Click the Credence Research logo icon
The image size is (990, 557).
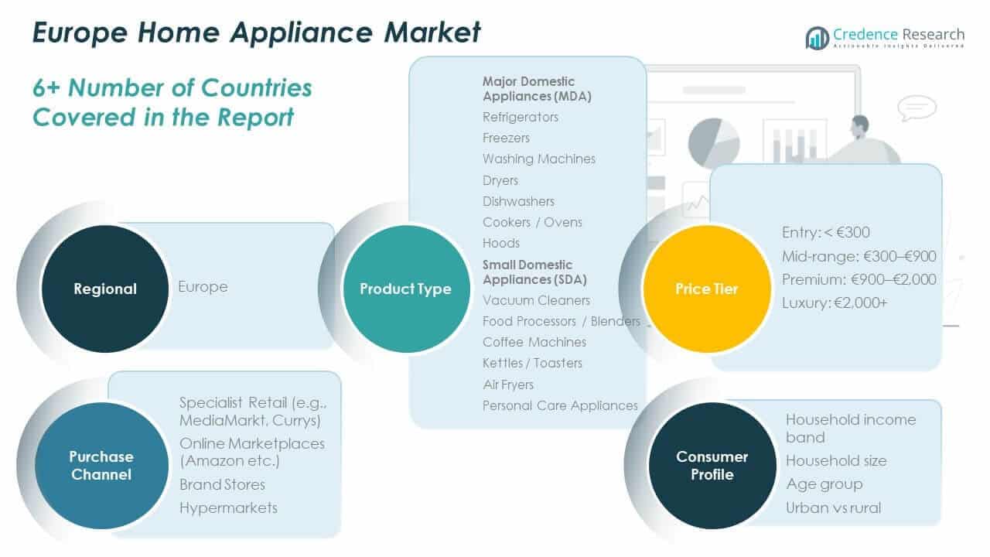[x=817, y=38]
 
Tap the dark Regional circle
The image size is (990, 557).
[x=104, y=289]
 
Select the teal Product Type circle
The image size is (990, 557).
[x=405, y=289]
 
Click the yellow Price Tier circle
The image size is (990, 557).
[x=707, y=289]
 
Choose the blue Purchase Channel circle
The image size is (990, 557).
[x=101, y=465]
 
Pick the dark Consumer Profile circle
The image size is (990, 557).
[x=712, y=465]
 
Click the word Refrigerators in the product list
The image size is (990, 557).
[x=520, y=117]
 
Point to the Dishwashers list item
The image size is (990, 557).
[x=518, y=201]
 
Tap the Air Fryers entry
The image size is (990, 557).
[x=507, y=384]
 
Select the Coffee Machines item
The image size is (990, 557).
[x=534, y=342]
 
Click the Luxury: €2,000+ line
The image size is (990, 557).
[x=834, y=302]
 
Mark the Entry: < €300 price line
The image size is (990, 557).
[x=825, y=232]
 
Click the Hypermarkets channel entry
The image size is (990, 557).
[x=228, y=507]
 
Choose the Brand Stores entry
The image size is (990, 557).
[x=222, y=484]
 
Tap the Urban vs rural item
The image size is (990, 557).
[x=833, y=507]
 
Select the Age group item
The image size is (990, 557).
[x=824, y=484]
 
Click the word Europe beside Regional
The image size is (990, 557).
[x=203, y=286]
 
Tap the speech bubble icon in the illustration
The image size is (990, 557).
[x=917, y=108]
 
